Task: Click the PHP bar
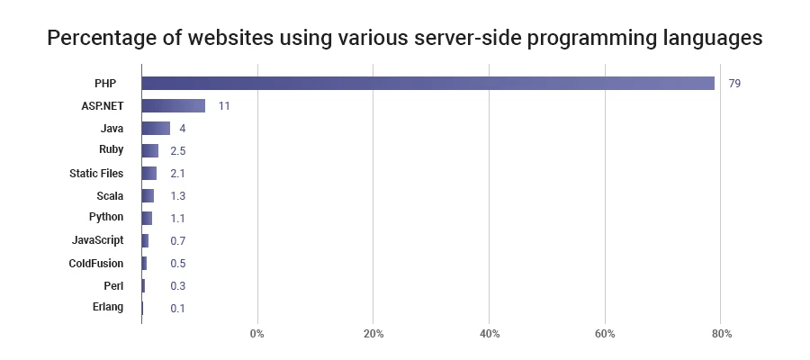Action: (427, 83)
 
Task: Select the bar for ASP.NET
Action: (173, 105)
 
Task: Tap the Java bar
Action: (156, 128)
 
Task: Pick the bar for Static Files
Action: (148, 173)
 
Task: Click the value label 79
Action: (734, 84)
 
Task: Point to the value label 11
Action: (224, 106)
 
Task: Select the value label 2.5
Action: (177, 151)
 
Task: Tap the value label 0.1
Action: (177, 309)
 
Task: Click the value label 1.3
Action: (177, 196)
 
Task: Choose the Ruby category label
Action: (111, 150)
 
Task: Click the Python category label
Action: (106, 217)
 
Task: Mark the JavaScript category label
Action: (97, 240)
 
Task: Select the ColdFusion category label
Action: (96, 264)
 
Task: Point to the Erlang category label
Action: (107, 308)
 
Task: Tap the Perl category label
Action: (113, 285)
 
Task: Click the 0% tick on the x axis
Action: (257, 335)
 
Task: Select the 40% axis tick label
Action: (489, 335)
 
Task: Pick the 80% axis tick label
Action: (721, 335)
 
